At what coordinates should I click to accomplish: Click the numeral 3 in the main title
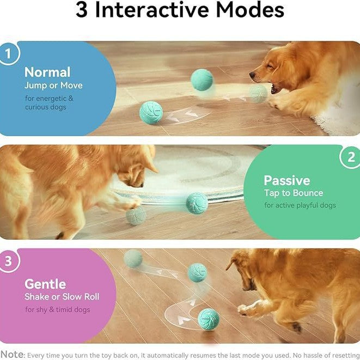tap(82, 11)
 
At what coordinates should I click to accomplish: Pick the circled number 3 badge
tap(9, 260)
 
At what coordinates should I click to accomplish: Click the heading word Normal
tap(47, 72)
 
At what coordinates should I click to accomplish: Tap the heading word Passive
tap(286, 180)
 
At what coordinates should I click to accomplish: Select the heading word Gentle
tap(45, 284)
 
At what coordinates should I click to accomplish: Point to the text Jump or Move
tap(53, 86)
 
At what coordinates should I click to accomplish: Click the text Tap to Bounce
tap(294, 193)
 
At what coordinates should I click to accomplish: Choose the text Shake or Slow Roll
tap(62, 297)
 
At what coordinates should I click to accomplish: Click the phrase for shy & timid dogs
tap(57, 310)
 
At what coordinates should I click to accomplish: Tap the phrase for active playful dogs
tap(300, 205)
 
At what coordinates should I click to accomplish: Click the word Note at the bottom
tap(12, 355)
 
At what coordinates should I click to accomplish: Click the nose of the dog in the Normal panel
tap(253, 75)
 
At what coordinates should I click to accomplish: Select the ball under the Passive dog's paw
tap(136, 215)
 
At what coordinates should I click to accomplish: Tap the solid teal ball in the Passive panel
tap(196, 203)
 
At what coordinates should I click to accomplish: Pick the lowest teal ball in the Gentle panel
tap(208, 318)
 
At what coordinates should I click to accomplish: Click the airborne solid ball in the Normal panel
tap(202, 80)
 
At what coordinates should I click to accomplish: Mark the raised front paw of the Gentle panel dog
tap(243, 310)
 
